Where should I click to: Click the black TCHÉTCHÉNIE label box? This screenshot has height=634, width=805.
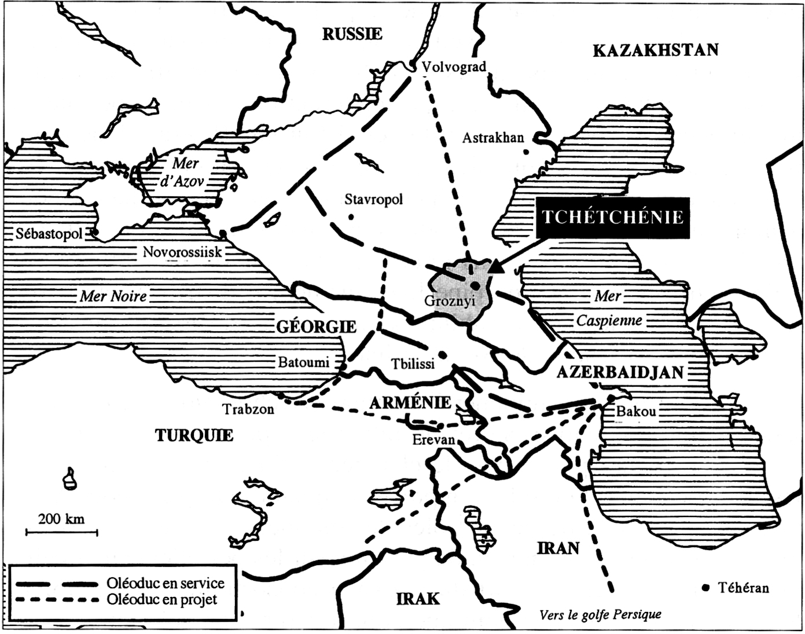613,217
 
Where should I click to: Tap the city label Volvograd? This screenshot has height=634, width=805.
454,67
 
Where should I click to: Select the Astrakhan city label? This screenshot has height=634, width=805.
493,138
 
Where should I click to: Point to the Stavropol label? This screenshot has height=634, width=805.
373,200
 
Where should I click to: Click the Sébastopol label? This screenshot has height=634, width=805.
49,234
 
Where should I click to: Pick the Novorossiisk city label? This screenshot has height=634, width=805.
182,252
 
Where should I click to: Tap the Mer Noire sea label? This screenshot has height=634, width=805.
113,296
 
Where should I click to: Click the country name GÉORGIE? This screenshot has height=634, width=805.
315,327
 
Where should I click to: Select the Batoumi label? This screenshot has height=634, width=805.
303,362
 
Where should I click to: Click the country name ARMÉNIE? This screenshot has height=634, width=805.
410,402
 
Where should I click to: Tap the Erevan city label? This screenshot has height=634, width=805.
433,439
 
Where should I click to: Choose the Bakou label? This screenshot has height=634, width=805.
635,412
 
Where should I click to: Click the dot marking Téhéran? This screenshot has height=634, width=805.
705,588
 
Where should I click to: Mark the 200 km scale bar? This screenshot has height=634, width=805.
61,531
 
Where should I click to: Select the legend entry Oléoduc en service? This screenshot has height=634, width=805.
165,583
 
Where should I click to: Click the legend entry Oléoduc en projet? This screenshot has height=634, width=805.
161,599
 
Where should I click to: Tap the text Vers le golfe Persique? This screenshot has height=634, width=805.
600,615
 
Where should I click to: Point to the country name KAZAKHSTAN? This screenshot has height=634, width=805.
655,50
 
